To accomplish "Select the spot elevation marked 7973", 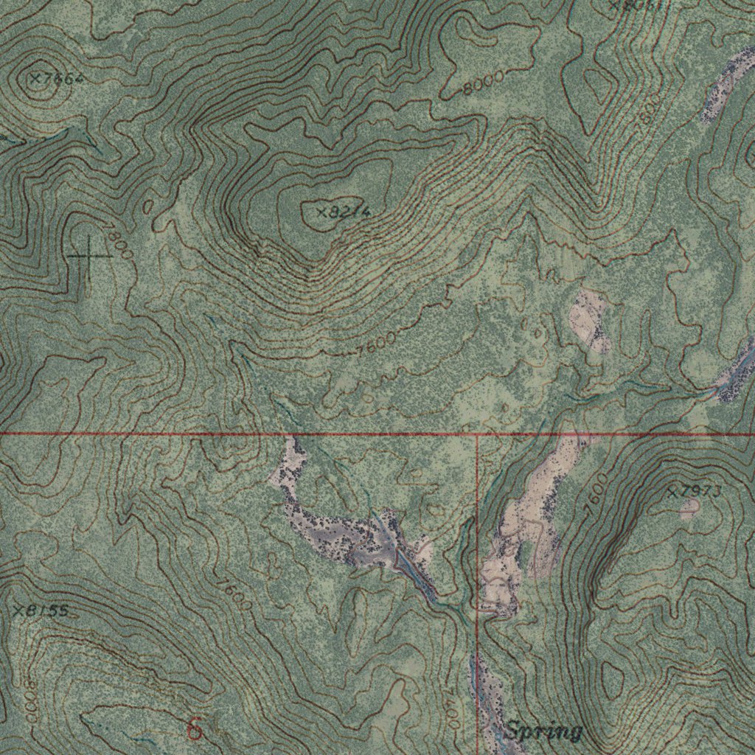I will pos(694,492).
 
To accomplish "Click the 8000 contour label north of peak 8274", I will pos(484,83).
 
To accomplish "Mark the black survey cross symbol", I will pos(88,256).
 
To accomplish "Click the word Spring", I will pos(544,731).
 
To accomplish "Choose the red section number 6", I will pos(195,729).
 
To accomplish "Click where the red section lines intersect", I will pos(478,434).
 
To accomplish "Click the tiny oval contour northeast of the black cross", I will pos(147,209).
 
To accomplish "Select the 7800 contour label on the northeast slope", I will pos(648,111).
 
